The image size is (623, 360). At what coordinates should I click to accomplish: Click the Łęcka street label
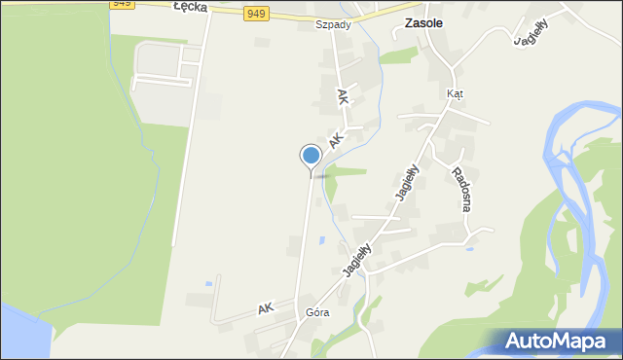click(x=192, y=7)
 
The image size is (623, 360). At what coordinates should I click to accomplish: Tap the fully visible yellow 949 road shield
click(x=255, y=13)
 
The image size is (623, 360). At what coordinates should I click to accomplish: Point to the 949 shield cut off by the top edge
click(x=121, y=3)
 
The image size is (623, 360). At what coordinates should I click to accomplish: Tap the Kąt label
click(x=455, y=93)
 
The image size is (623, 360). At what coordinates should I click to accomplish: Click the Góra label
click(x=317, y=312)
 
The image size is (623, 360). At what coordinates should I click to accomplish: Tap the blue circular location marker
click(x=311, y=156)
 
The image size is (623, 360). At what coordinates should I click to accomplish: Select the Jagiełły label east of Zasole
click(x=531, y=28)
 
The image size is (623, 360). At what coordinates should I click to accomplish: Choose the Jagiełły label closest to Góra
click(x=358, y=259)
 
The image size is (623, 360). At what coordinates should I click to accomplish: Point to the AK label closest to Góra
click(x=265, y=308)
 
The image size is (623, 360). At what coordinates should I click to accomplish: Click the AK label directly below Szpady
click(x=342, y=97)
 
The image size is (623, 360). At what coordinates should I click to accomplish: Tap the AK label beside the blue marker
click(x=336, y=141)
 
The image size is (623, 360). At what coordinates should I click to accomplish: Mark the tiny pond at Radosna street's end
click(x=470, y=249)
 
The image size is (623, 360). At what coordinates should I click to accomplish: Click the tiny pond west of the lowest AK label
click(x=207, y=284)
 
